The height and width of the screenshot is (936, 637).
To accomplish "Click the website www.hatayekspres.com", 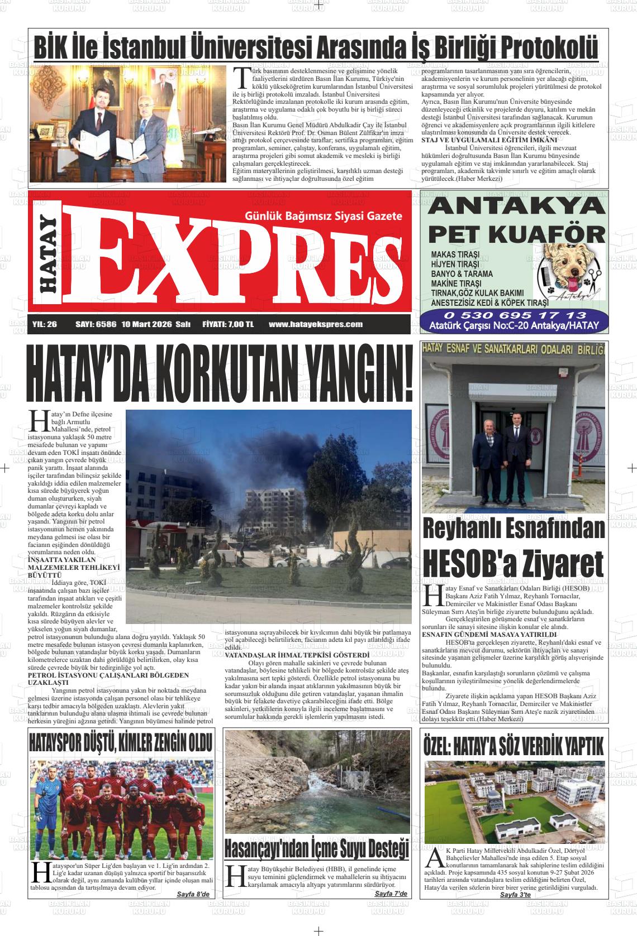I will click(x=315, y=324).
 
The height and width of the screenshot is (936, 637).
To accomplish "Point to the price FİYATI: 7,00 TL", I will click(x=228, y=324).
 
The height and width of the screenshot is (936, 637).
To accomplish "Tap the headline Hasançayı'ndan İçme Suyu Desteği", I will click(x=316, y=847).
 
